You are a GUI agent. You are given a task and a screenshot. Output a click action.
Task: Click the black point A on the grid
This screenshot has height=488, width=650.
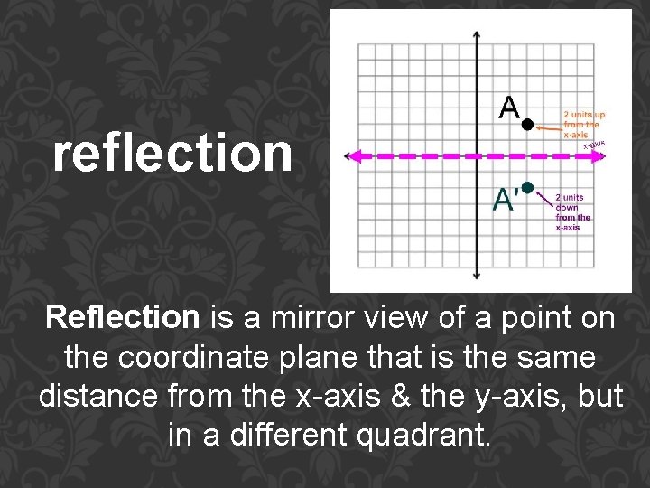click(528, 124)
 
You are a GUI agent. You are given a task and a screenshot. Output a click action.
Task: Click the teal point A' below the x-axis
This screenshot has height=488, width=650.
click(528, 187)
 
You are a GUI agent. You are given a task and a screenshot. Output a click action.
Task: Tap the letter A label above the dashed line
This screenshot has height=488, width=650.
click(509, 108)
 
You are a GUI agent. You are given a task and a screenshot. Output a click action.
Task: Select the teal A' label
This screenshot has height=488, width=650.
click(506, 199)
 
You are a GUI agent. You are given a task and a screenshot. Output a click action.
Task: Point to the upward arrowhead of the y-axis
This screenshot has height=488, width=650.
click(478, 33)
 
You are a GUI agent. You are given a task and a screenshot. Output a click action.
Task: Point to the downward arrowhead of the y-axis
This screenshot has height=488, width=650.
click(478, 275)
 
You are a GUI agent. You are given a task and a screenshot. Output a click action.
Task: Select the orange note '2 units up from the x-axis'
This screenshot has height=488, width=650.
click(585, 125)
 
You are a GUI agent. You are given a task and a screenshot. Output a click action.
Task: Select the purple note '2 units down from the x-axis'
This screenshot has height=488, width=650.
click(573, 211)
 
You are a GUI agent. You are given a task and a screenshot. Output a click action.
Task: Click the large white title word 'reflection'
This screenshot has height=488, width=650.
click(172, 154)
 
